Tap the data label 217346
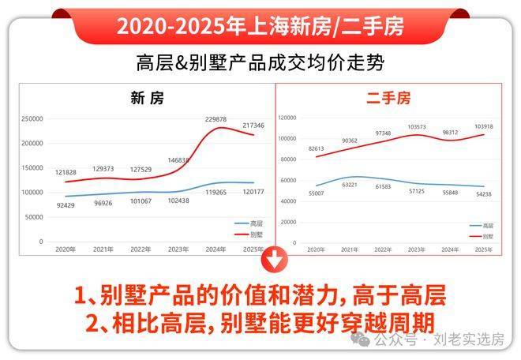click(253, 126)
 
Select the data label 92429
click(66, 206)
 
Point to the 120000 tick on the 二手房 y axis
click(287, 118)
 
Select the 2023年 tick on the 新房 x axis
click(178, 249)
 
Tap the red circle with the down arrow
click(275, 258)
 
